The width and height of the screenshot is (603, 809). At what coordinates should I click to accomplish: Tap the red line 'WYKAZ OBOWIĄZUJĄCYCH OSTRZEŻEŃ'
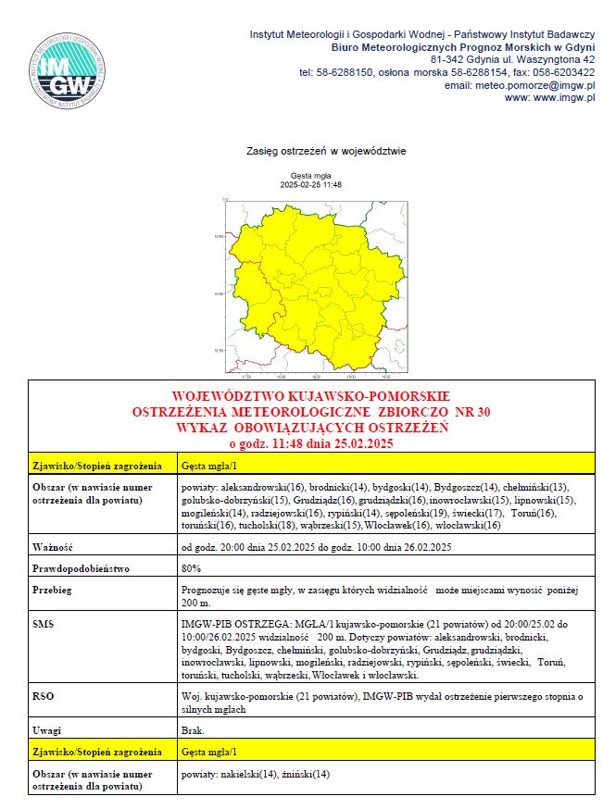click(x=310, y=427)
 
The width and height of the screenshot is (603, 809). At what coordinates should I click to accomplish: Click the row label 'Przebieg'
click(x=53, y=589)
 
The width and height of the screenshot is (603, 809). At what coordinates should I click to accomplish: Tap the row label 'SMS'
click(x=43, y=625)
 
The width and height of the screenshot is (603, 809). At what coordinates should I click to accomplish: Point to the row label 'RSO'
click(x=43, y=693)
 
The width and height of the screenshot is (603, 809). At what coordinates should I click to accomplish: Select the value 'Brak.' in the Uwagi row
click(x=193, y=730)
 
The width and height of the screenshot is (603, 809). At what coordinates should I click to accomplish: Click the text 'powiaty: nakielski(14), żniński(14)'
click(x=256, y=774)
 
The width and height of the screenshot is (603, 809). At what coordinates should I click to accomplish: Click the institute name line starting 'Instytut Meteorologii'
click(x=421, y=33)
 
